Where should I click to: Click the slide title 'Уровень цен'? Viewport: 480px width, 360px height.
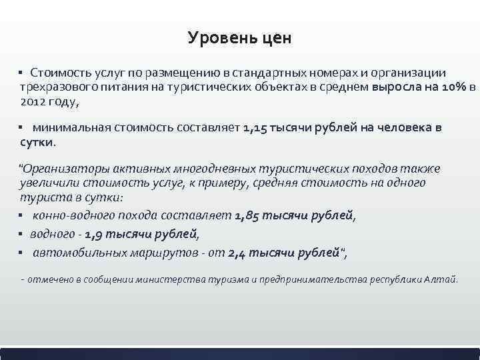tap(239, 38)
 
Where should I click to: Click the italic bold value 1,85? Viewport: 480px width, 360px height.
tap(247, 215)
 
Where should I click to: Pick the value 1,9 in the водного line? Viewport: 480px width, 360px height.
tap(96, 234)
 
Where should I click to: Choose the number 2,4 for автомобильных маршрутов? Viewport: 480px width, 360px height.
tap(239, 252)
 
